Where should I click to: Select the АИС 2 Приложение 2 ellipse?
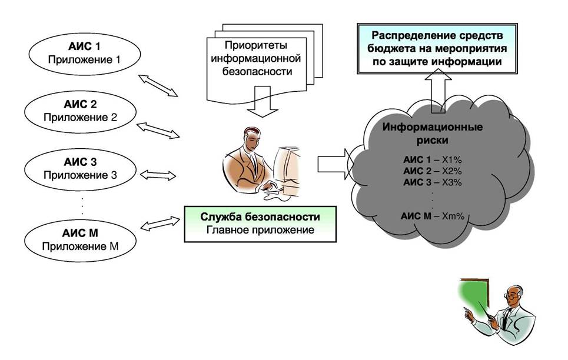[x=80, y=111]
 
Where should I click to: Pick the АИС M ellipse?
[x=80, y=241]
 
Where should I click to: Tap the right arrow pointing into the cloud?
[x=332, y=164]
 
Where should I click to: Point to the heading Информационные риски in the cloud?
[x=433, y=134]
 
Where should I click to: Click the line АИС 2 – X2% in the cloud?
[x=433, y=171]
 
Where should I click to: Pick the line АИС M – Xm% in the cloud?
[x=433, y=216]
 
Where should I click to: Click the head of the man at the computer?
[x=247, y=139]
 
